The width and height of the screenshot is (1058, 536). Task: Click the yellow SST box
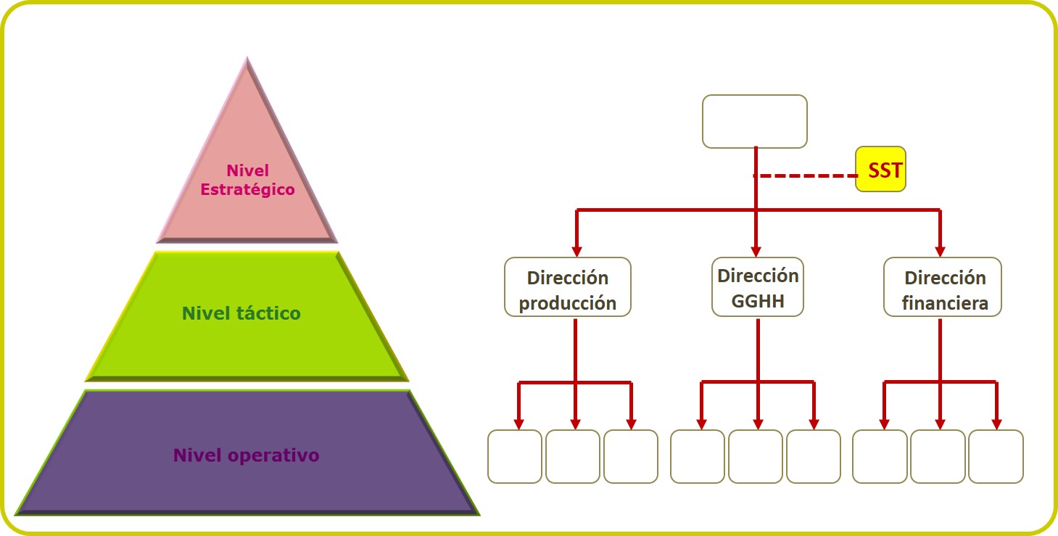pyautogui.click(x=880, y=169)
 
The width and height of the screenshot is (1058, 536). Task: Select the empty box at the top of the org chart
pyautogui.click(x=755, y=121)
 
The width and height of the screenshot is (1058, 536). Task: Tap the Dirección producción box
pyautogui.click(x=568, y=286)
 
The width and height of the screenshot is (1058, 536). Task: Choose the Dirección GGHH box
pyautogui.click(x=758, y=286)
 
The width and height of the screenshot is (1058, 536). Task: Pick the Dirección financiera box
pyautogui.click(x=943, y=286)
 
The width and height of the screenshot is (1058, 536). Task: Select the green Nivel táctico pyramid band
pyautogui.click(x=247, y=316)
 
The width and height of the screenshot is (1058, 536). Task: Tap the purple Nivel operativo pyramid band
pyautogui.click(x=247, y=453)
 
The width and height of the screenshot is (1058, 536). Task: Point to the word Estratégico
pyautogui.click(x=247, y=189)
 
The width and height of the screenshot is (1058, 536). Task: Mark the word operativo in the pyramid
pyautogui.click(x=273, y=455)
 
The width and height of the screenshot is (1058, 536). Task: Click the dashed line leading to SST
pyautogui.click(x=806, y=176)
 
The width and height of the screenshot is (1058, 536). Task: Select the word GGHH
pyautogui.click(x=758, y=301)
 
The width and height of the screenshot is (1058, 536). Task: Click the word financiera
pyautogui.click(x=945, y=303)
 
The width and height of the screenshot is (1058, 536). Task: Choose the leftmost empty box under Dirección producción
pyautogui.click(x=515, y=456)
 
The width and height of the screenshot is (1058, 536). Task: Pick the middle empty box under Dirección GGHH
pyautogui.click(x=755, y=456)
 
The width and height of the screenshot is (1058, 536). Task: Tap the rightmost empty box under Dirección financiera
pyautogui.click(x=996, y=456)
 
